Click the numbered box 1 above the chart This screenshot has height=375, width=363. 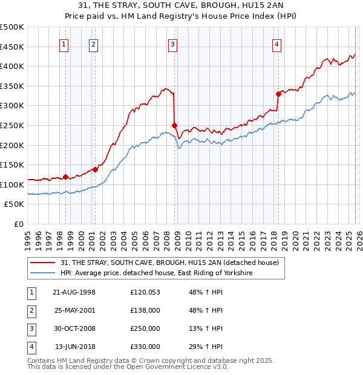(x=64, y=44)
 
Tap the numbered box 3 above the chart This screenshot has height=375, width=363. (x=173, y=44)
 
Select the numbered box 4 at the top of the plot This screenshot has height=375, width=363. (x=276, y=44)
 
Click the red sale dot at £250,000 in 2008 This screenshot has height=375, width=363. (x=175, y=125)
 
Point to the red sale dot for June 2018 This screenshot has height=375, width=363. (x=278, y=94)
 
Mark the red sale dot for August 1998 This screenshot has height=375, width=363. (x=66, y=177)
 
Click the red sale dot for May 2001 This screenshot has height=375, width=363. (x=96, y=169)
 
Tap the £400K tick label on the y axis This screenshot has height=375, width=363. (x=12, y=66)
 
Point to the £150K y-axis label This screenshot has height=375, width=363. (x=12, y=165)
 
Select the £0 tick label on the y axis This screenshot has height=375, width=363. (x=18, y=224)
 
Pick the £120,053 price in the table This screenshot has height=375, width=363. (x=145, y=292)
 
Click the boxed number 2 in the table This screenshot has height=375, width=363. (x=31, y=310)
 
